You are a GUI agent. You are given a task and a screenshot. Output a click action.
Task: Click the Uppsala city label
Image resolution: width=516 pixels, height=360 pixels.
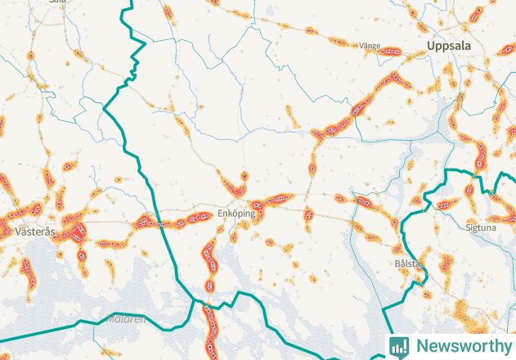pyautogui.click(x=449, y=47)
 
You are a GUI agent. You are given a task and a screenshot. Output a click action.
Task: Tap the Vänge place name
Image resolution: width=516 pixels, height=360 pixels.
pyautogui.click(x=370, y=47)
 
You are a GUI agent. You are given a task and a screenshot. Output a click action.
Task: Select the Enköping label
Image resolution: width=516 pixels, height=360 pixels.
pyautogui.click(x=236, y=214)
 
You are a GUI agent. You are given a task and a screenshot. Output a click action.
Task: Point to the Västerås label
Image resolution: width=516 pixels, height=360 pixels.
pyautogui.click(x=35, y=232)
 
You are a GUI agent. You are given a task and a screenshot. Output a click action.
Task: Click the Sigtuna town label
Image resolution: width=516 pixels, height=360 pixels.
pyautogui.click(x=480, y=227)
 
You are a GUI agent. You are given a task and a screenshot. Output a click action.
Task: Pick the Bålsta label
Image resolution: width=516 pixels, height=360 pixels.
pyautogui.click(x=406, y=263)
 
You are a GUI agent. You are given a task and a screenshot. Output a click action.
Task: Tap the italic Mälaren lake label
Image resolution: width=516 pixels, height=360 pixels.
pyautogui.click(x=124, y=318)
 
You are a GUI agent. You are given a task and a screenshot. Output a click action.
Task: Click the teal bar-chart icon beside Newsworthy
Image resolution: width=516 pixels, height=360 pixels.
pyautogui.click(x=399, y=346)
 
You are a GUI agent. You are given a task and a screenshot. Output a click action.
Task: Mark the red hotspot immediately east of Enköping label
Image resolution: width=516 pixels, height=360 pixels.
pyautogui.click(x=270, y=200)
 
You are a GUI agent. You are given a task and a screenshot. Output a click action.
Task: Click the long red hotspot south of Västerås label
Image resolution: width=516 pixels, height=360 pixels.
pyautogui.click(x=28, y=270)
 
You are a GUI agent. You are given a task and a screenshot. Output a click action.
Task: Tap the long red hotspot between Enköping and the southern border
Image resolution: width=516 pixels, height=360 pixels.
pyautogui.click(x=209, y=260)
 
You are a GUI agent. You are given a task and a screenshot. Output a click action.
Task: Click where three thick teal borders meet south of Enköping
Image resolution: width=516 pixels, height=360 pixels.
pyautogui.click(x=195, y=299)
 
